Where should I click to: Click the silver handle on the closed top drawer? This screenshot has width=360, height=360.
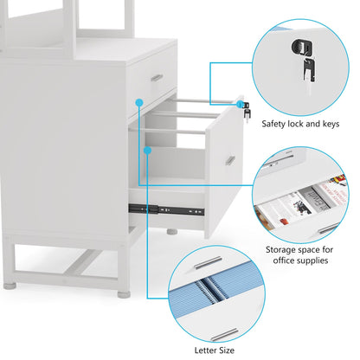point(157,78)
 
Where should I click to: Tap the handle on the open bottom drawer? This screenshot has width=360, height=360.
point(231,159)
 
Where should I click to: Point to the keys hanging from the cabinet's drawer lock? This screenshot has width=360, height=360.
point(245,112)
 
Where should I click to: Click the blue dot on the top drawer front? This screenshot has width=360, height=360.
point(138,101)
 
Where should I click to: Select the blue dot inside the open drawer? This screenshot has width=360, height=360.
point(148,151)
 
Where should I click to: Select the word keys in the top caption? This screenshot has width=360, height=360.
point(331,110)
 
